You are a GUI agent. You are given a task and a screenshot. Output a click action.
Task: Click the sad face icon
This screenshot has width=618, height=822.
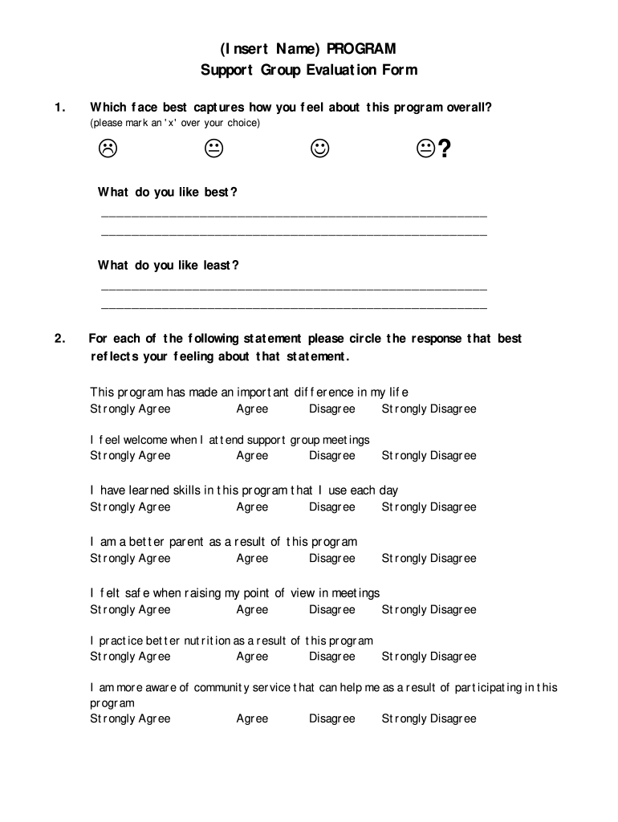click(108, 149)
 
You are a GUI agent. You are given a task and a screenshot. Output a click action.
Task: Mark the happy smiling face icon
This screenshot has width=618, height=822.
click(319, 149)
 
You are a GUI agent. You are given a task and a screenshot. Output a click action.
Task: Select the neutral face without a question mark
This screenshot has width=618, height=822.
click(213, 149)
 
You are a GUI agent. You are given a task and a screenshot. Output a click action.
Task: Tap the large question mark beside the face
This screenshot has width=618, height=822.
click(444, 149)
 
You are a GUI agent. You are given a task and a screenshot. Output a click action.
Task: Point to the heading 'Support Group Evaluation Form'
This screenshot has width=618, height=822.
click(309, 71)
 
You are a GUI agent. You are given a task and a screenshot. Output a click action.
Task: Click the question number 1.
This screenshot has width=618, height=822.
click(58, 108)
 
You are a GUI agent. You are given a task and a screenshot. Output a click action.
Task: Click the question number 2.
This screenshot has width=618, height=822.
click(59, 339)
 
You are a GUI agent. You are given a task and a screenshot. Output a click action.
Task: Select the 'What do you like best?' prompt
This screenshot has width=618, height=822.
click(168, 193)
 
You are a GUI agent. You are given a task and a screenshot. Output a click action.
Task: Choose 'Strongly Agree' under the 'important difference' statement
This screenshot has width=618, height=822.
click(130, 409)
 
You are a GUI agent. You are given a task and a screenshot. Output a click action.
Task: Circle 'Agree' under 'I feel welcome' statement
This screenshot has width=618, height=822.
click(252, 456)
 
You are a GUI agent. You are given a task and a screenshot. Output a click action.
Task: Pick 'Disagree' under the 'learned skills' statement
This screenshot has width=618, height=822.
click(331, 507)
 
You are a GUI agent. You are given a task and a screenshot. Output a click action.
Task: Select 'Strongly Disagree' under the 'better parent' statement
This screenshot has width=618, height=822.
click(429, 559)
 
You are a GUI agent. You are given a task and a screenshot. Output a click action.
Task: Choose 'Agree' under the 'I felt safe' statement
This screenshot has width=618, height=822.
click(252, 610)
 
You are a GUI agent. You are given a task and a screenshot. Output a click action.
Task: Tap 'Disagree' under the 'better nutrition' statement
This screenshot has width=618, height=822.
click(331, 657)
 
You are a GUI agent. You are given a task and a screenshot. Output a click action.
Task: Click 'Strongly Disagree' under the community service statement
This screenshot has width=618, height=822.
click(429, 719)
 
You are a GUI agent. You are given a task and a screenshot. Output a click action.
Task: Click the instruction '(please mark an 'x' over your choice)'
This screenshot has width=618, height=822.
click(175, 124)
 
